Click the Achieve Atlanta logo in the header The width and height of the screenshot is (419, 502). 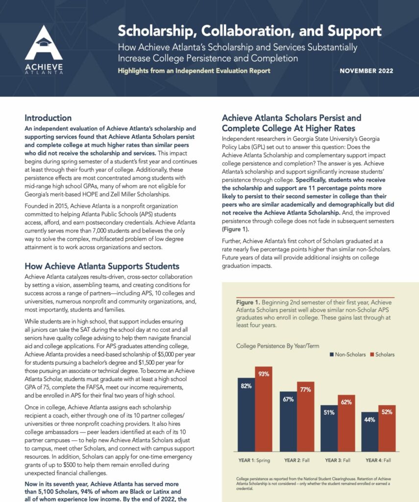(x=44, y=49)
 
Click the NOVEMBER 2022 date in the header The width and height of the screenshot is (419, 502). (x=366, y=71)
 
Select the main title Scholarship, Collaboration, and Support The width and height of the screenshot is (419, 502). (x=249, y=31)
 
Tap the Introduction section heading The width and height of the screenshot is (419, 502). (x=48, y=118)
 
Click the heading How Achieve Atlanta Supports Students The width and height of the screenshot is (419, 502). (x=102, y=266)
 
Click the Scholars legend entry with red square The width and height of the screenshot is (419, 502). (x=381, y=354)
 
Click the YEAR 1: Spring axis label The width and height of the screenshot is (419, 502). (x=255, y=460)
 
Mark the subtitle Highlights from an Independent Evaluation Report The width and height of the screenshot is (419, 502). (x=194, y=71)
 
